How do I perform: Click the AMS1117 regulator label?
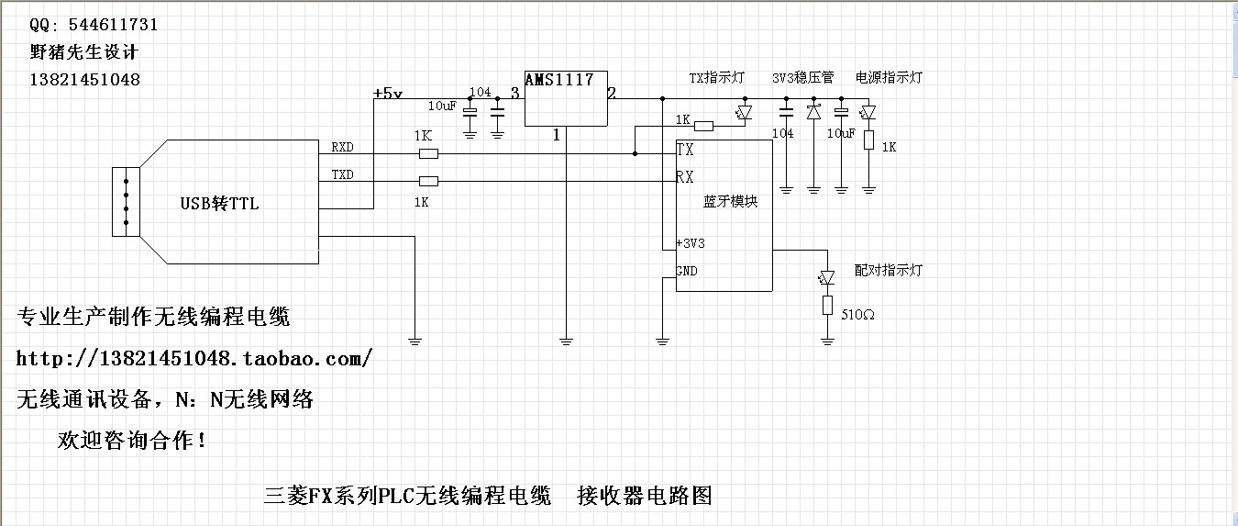559,80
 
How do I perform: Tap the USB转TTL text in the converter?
219,203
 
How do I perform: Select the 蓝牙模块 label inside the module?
730,201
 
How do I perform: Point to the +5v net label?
387,94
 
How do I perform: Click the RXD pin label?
343,147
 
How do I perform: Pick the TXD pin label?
343,174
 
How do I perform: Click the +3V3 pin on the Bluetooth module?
691,243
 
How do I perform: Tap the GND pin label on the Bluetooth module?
687,271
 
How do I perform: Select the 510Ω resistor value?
857,314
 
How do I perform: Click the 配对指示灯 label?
888,270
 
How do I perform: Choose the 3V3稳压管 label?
802,78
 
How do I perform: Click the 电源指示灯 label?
888,78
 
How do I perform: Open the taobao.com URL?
194,358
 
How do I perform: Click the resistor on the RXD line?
427,153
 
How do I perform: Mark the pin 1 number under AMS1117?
556,135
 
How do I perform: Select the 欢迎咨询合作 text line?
132,441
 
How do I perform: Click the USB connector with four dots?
126,202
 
